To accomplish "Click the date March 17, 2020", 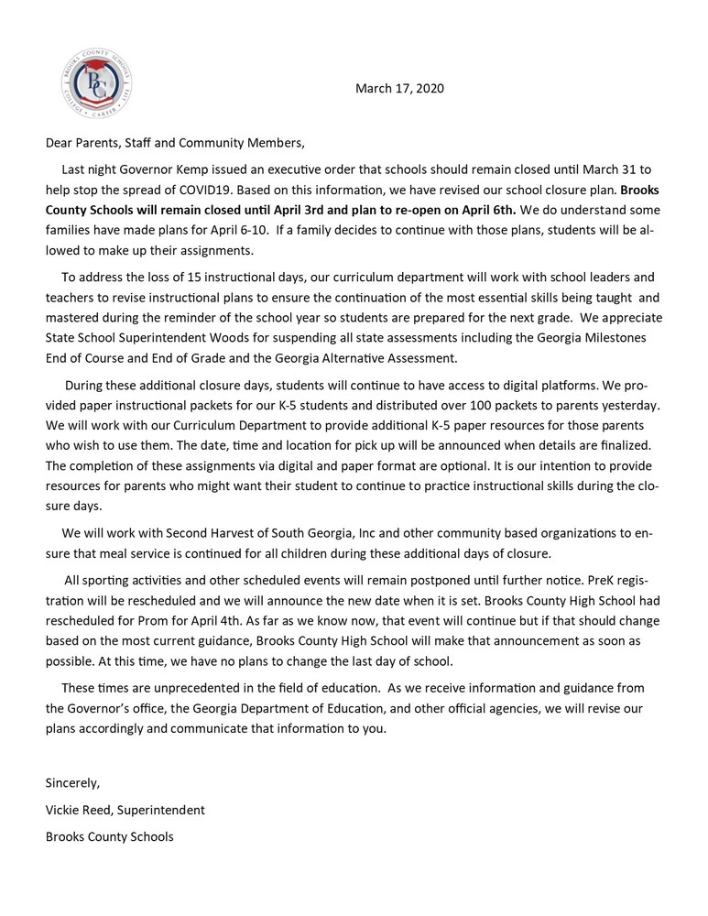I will click(x=398, y=90).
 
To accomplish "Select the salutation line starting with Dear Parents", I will click(x=174, y=144).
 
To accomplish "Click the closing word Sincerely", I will click(x=72, y=783).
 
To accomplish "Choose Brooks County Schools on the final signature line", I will click(x=109, y=836).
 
